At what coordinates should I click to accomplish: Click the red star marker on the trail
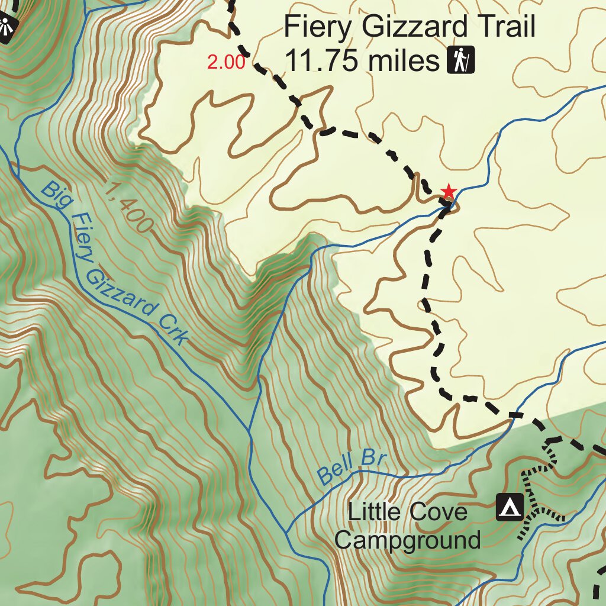(x=449, y=192)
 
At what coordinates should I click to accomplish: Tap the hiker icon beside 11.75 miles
(x=461, y=60)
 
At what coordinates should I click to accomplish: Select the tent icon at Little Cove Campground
(x=510, y=507)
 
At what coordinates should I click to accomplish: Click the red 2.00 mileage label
(x=225, y=62)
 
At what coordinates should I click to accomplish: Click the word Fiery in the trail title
(x=317, y=27)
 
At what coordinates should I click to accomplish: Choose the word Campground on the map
(x=408, y=540)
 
